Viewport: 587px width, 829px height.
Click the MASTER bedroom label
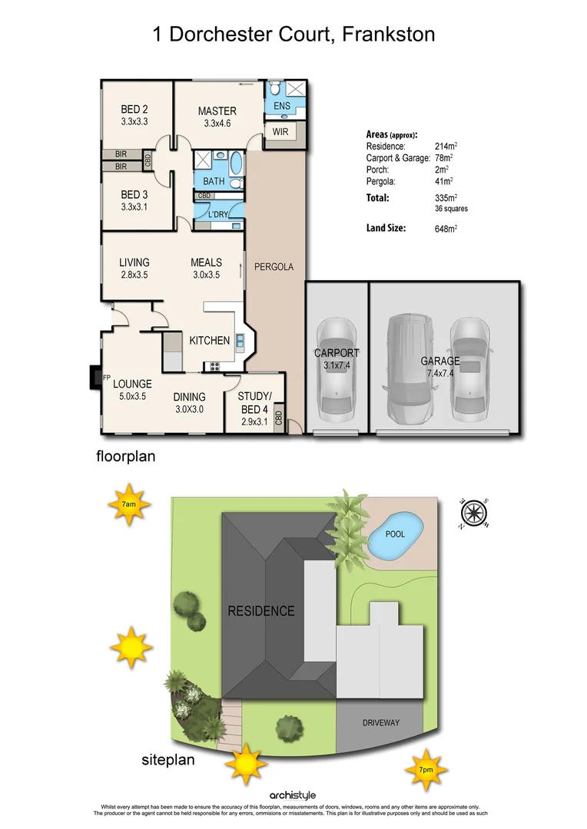click(217, 111)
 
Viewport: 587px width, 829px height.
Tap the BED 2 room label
click(134, 110)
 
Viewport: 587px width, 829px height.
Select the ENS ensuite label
click(281, 105)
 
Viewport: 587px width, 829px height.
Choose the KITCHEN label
click(210, 340)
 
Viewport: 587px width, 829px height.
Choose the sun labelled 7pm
click(425, 770)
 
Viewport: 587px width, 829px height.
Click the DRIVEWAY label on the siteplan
click(381, 723)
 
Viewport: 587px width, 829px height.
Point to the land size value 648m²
click(446, 228)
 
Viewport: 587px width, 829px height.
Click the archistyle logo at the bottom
click(293, 795)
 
